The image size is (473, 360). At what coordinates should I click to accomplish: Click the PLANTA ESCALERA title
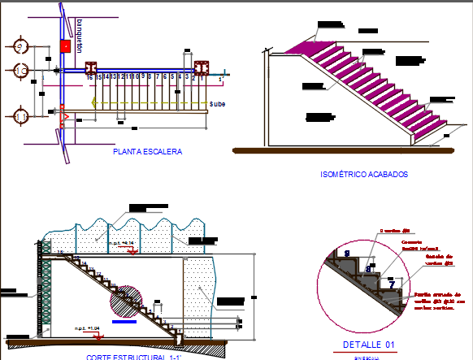[x=149, y=151]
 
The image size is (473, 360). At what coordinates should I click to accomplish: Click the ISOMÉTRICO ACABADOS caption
[x=364, y=174]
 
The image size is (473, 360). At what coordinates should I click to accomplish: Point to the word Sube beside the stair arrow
[x=217, y=104]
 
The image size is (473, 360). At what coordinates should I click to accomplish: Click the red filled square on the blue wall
[x=64, y=46]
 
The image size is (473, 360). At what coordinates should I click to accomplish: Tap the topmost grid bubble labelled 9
[x=20, y=45]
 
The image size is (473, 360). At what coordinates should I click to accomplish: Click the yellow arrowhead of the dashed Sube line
[x=94, y=102]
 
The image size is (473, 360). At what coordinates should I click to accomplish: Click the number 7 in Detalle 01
[x=392, y=284]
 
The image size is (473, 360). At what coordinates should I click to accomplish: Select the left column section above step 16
[x=93, y=67]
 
